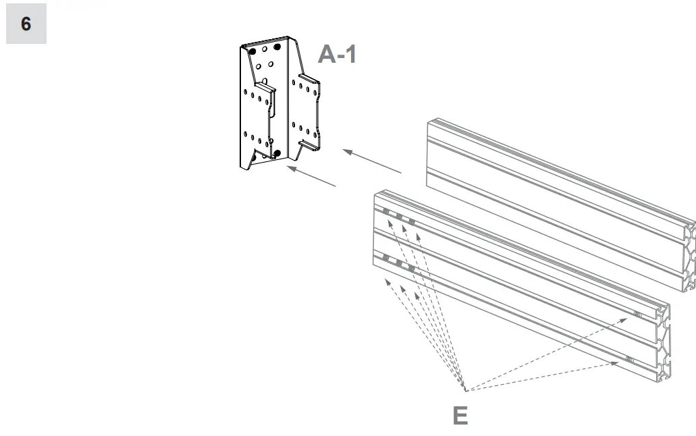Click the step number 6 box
coord(26,24)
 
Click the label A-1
coord(337,54)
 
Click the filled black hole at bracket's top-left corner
coord(251,51)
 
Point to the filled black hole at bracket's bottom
coord(276,154)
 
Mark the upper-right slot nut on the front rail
coord(637,314)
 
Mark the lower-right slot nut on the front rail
coord(629,360)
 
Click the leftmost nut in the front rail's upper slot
coord(386,212)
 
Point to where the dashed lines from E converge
coord(465,390)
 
